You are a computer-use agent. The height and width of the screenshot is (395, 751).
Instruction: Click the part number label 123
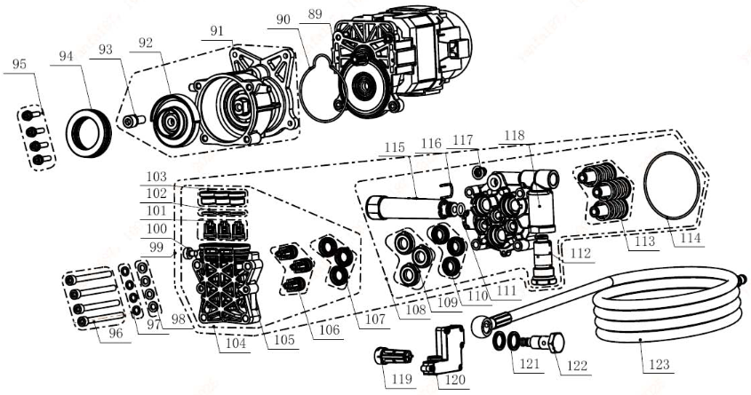tap(659, 365)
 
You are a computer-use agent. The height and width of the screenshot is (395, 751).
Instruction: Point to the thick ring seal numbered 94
tap(88, 133)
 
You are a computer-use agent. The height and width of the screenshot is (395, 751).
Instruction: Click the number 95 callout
tap(20, 64)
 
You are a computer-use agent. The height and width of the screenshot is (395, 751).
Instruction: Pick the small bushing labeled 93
tap(134, 122)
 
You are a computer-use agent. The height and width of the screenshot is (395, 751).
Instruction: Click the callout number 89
tap(316, 14)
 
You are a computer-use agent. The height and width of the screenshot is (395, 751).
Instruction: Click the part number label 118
tap(515, 136)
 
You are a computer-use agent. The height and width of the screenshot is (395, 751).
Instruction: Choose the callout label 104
tap(236, 343)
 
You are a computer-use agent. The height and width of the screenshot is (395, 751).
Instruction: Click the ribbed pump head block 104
tap(226, 283)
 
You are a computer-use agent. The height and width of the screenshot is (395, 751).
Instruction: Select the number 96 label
tap(116, 333)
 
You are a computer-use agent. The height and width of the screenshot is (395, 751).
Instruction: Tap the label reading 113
tap(644, 241)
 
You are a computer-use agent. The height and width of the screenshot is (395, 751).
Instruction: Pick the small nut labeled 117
tap(477, 171)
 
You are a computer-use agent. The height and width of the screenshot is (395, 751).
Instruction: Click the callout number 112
tap(580, 253)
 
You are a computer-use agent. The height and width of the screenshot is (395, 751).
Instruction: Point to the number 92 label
tap(146, 43)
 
